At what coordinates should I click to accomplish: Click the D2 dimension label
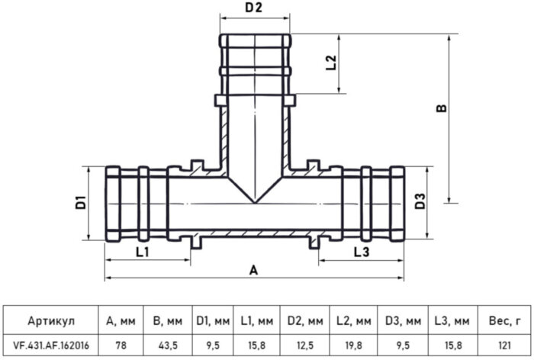click(254, 8)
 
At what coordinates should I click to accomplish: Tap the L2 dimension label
click(330, 63)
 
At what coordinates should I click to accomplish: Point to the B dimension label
click(440, 111)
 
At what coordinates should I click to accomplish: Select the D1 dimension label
click(79, 204)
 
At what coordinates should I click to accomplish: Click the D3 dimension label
click(419, 203)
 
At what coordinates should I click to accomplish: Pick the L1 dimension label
click(141, 251)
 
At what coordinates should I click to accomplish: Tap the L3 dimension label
click(362, 251)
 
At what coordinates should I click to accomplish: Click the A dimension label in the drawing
click(254, 270)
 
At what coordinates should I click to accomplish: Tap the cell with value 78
click(120, 346)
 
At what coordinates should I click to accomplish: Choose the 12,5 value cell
click(305, 346)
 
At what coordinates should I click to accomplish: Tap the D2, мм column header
click(305, 320)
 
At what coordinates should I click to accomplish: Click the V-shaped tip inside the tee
click(254, 201)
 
